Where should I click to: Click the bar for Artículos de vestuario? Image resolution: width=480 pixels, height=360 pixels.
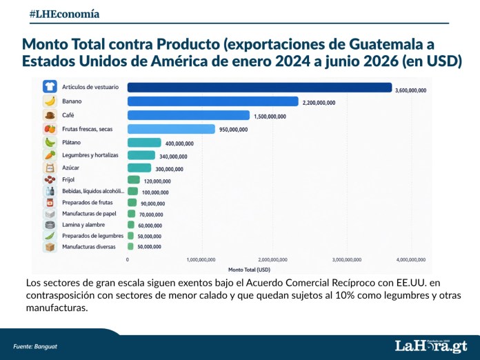click(x=259, y=88)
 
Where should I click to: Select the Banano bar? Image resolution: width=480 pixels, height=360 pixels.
click(x=212, y=101)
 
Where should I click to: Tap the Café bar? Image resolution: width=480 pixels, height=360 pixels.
click(x=188, y=115)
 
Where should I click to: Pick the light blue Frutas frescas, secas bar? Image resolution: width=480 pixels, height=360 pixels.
click(x=171, y=129)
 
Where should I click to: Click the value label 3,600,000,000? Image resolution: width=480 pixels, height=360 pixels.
click(x=410, y=90)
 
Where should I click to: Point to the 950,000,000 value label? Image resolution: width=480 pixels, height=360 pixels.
click(x=233, y=130)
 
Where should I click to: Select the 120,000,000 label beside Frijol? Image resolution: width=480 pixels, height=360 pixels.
click(x=157, y=181)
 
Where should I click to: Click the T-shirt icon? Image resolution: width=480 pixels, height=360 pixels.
click(x=50, y=87)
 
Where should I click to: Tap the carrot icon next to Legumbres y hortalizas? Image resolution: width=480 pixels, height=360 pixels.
click(x=50, y=155)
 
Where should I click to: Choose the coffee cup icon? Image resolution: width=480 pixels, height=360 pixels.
click(x=50, y=115)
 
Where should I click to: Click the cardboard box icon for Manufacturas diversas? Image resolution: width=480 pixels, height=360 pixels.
click(x=50, y=247)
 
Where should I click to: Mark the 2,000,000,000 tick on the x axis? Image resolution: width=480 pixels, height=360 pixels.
click(x=272, y=259)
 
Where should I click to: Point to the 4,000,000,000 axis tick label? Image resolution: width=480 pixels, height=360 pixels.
click(x=411, y=259)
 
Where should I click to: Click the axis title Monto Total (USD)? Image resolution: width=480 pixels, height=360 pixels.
click(x=249, y=270)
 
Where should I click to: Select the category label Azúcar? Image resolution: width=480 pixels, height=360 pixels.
click(x=70, y=168)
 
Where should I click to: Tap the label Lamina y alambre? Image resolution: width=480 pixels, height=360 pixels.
click(x=83, y=225)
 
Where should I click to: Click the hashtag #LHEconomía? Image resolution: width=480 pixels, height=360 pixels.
click(x=64, y=14)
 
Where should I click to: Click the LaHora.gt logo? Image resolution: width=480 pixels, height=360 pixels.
click(x=431, y=346)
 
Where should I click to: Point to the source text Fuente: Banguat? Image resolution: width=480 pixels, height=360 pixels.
click(x=35, y=346)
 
